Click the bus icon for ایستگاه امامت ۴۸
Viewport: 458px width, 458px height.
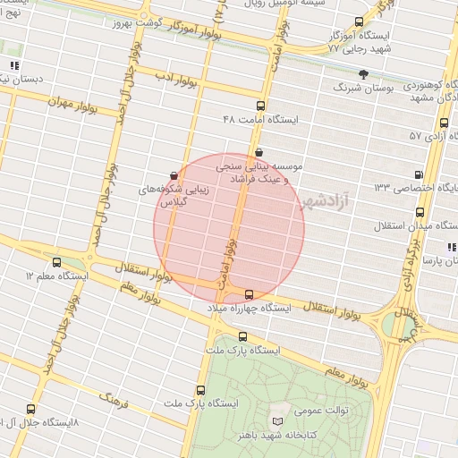[260, 105]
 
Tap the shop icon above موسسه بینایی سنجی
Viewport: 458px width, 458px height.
[259, 152]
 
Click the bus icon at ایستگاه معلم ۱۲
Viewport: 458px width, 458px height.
[57, 263]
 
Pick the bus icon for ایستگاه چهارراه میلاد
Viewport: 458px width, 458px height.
[249, 294]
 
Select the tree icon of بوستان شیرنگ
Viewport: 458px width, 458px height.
[362, 74]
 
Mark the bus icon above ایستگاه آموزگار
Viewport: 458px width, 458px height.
[359, 21]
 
